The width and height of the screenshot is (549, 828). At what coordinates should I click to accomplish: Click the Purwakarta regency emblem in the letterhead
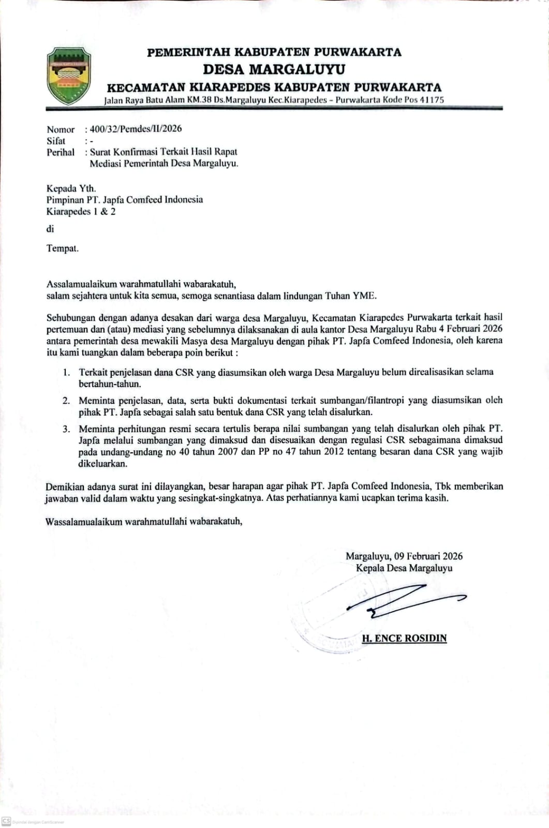68,76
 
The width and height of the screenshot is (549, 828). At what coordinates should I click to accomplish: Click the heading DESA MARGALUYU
274,69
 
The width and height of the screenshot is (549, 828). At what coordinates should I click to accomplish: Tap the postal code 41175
432,100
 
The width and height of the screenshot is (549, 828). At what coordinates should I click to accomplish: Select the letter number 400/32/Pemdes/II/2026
136,129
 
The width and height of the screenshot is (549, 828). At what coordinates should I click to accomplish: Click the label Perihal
61,152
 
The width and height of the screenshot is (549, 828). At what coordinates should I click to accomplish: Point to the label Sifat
56,141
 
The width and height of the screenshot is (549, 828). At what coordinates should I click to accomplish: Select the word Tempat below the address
62,248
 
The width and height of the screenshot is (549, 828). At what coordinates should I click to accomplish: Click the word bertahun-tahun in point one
110,384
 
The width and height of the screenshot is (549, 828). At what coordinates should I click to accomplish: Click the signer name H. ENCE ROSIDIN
404,638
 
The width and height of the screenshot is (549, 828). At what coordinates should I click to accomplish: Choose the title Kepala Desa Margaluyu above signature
404,568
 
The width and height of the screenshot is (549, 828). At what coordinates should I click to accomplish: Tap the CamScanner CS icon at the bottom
6,821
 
